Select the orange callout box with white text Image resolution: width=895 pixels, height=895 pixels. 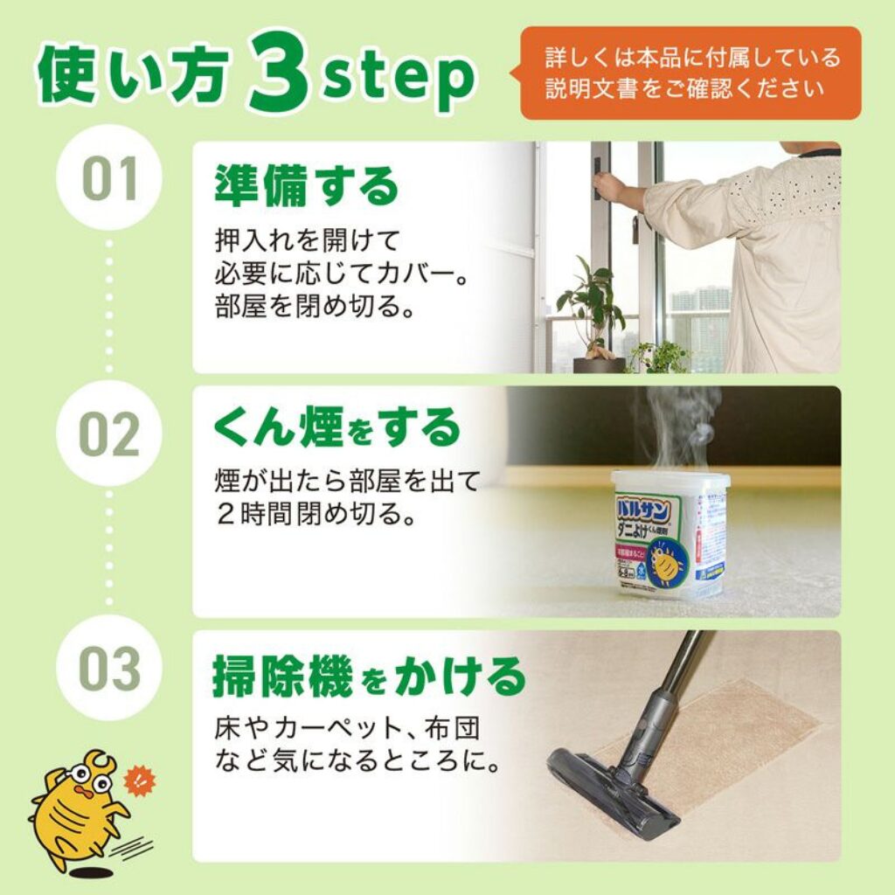[x=690, y=73]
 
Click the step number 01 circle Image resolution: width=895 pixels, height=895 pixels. [x=109, y=177]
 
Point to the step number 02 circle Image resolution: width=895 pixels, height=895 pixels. [x=109, y=434]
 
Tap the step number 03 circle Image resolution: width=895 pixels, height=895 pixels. [x=109, y=668]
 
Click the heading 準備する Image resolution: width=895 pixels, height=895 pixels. [x=305, y=186]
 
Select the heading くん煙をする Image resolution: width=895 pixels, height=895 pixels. [x=336, y=428]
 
